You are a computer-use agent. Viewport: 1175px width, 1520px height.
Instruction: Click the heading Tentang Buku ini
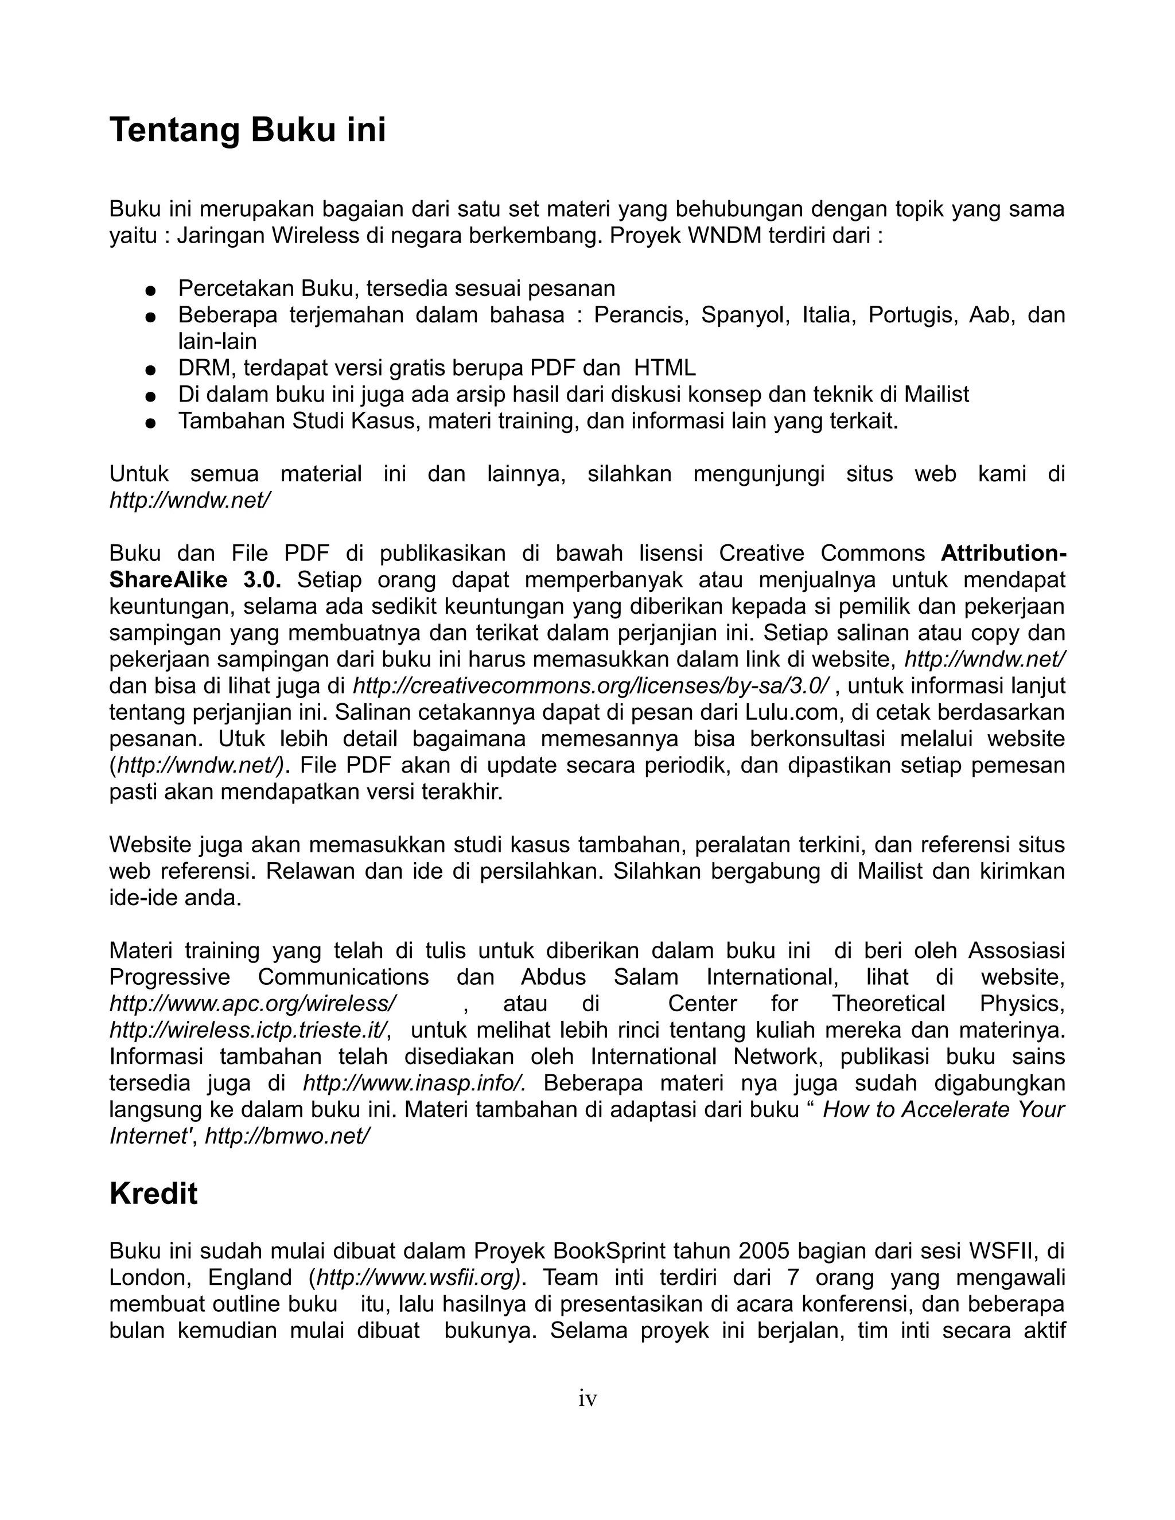(x=247, y=131)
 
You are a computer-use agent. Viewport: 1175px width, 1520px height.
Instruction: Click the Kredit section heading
(x=153, y=1194)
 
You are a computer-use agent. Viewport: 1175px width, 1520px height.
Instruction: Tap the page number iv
(x=587, y=1398)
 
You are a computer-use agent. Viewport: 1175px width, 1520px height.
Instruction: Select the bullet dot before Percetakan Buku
(x=149, y=290)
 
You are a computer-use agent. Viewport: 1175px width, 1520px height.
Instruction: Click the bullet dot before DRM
(x=149, y=369)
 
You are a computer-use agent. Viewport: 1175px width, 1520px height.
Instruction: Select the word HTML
(x=665, y=368)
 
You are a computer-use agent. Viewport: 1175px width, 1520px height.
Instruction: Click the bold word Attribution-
(x=1003, y=554)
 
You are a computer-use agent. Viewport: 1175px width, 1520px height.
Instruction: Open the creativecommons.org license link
(x=590, y=686)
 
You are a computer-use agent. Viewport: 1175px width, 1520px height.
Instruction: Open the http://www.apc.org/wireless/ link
(x=252, y=1004)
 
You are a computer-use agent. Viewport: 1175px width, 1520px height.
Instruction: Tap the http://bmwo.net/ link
(x=287, y=1136)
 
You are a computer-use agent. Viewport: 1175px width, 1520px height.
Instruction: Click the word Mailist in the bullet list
(x=936, y=395)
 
